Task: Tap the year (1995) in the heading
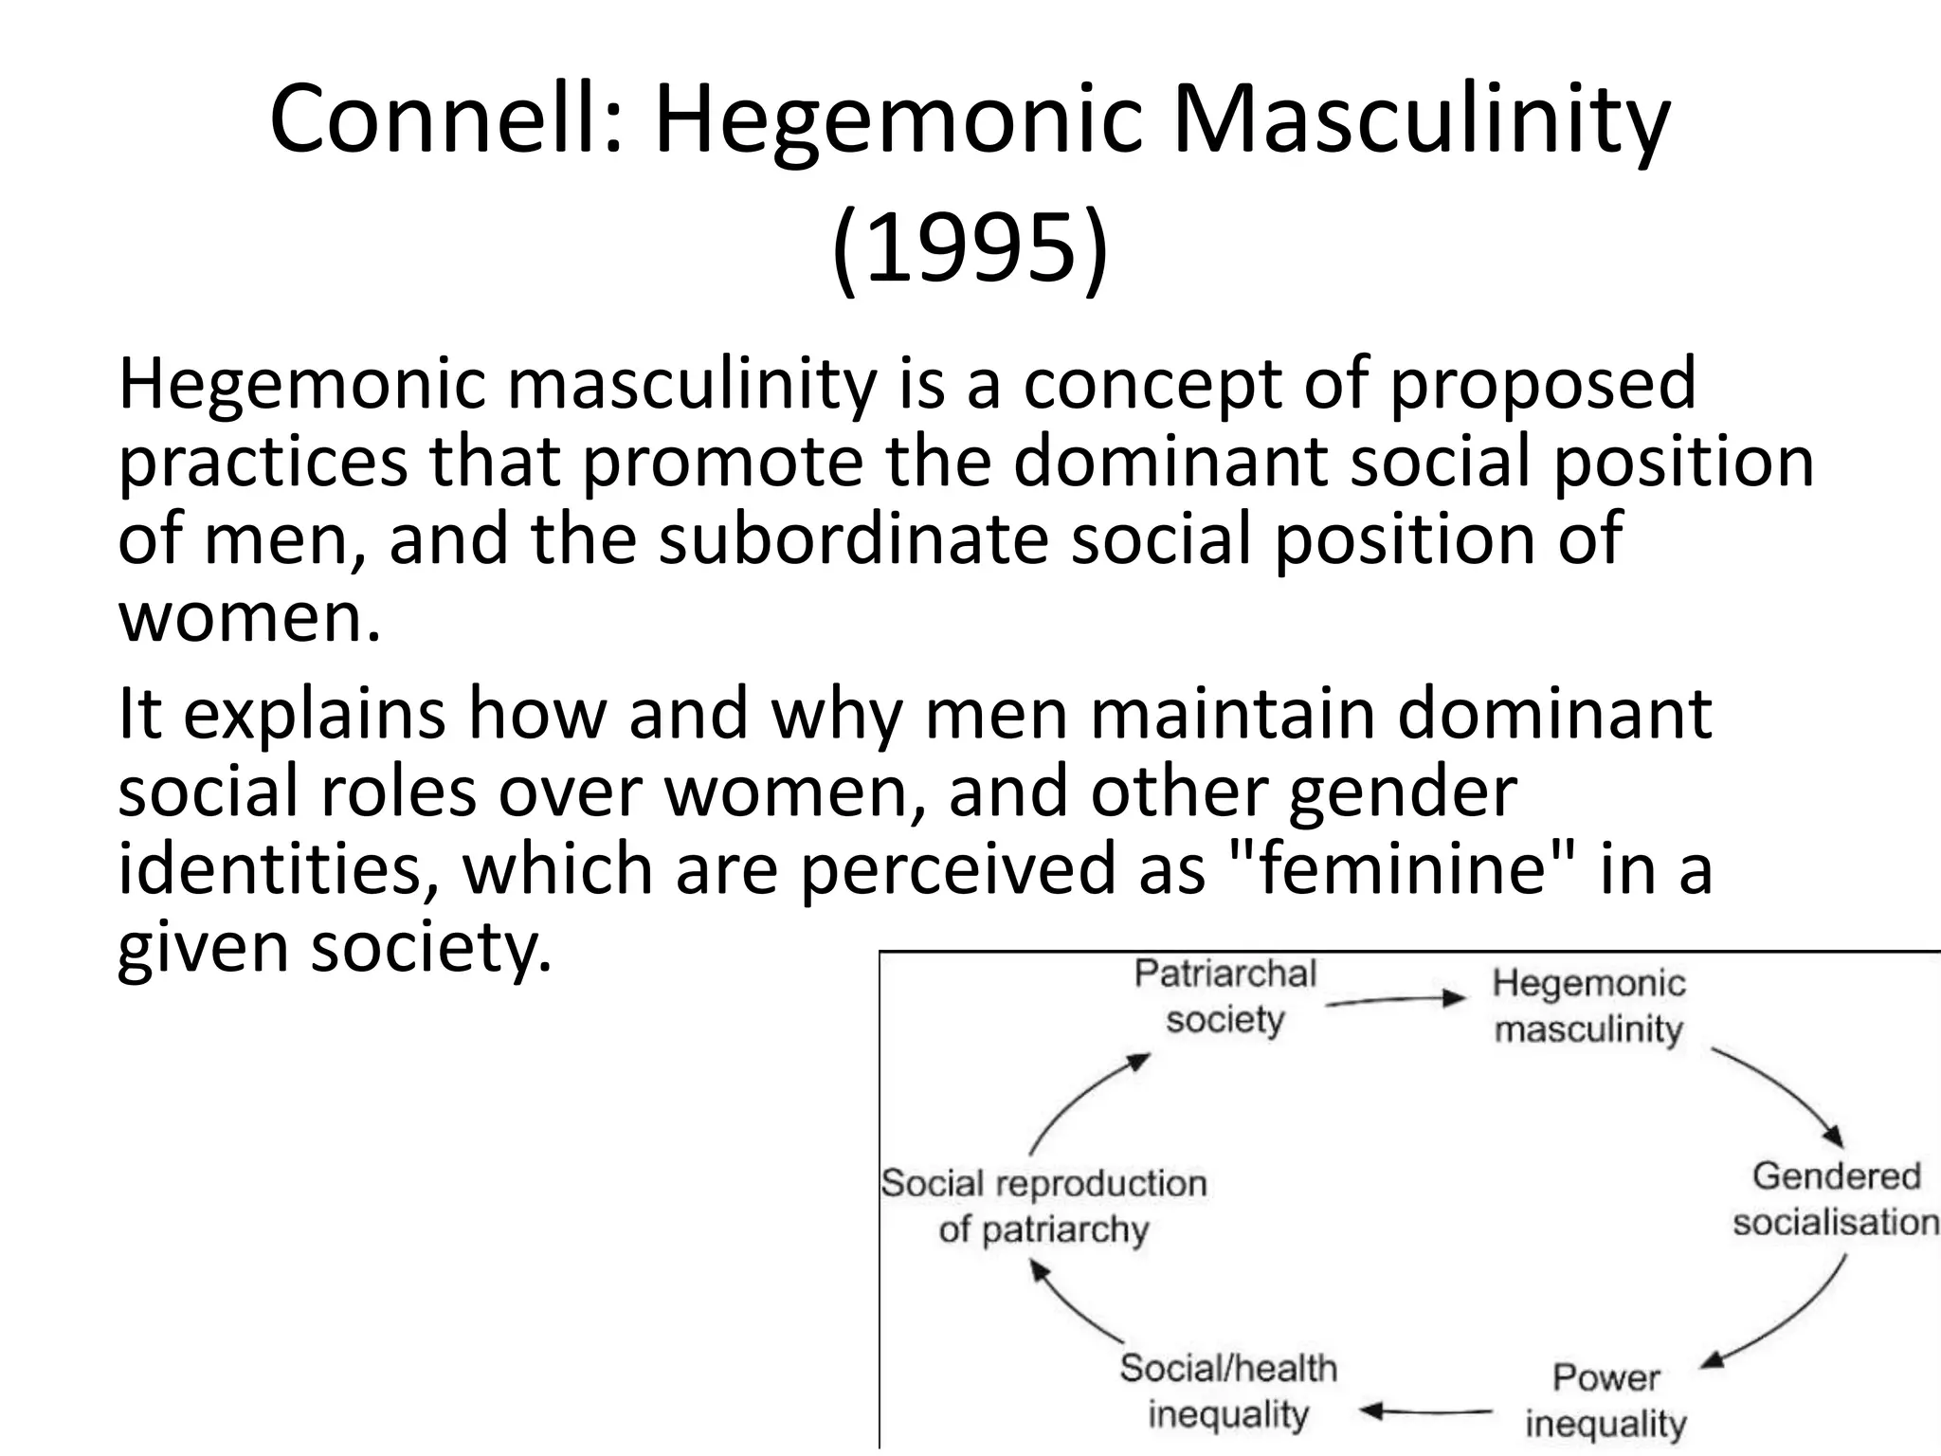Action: [x=970, y=248]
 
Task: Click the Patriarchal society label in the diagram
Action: [x=1224, y=996]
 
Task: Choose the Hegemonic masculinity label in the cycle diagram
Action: [x=1588, y=1005]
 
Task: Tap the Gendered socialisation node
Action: [x=1835, y=1198]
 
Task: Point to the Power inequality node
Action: [x=1605, y=1400]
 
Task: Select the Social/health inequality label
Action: [x=1228, y=1391]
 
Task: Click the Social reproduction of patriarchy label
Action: [x=1043, y=1206]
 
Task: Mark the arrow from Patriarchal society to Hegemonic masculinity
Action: [x=1395, y=999]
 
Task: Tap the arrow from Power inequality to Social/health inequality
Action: [x=1426, y=1410]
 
